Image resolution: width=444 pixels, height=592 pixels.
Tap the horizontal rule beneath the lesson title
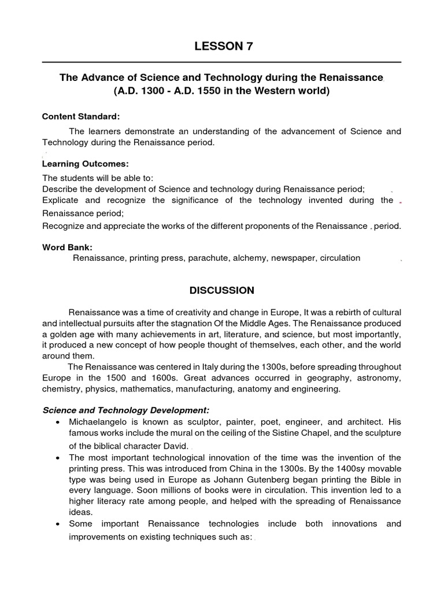pos(222,62)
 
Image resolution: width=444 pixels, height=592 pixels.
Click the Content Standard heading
pos(81,117)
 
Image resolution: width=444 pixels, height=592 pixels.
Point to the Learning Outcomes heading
pos(85,164)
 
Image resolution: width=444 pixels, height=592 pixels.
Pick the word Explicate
pos(61,200)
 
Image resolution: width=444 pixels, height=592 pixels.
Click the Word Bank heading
pos(63,247)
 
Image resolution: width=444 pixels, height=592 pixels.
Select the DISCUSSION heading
pos(222,290)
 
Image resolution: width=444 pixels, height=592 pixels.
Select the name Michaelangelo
pos(95,421)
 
